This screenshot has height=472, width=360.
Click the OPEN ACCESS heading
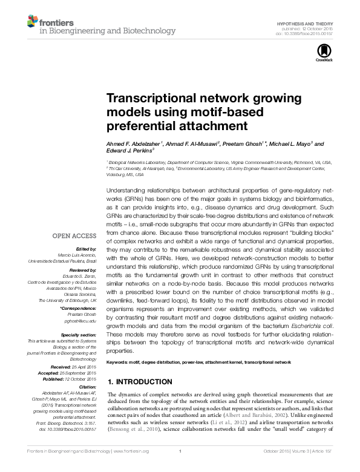[76, 235]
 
